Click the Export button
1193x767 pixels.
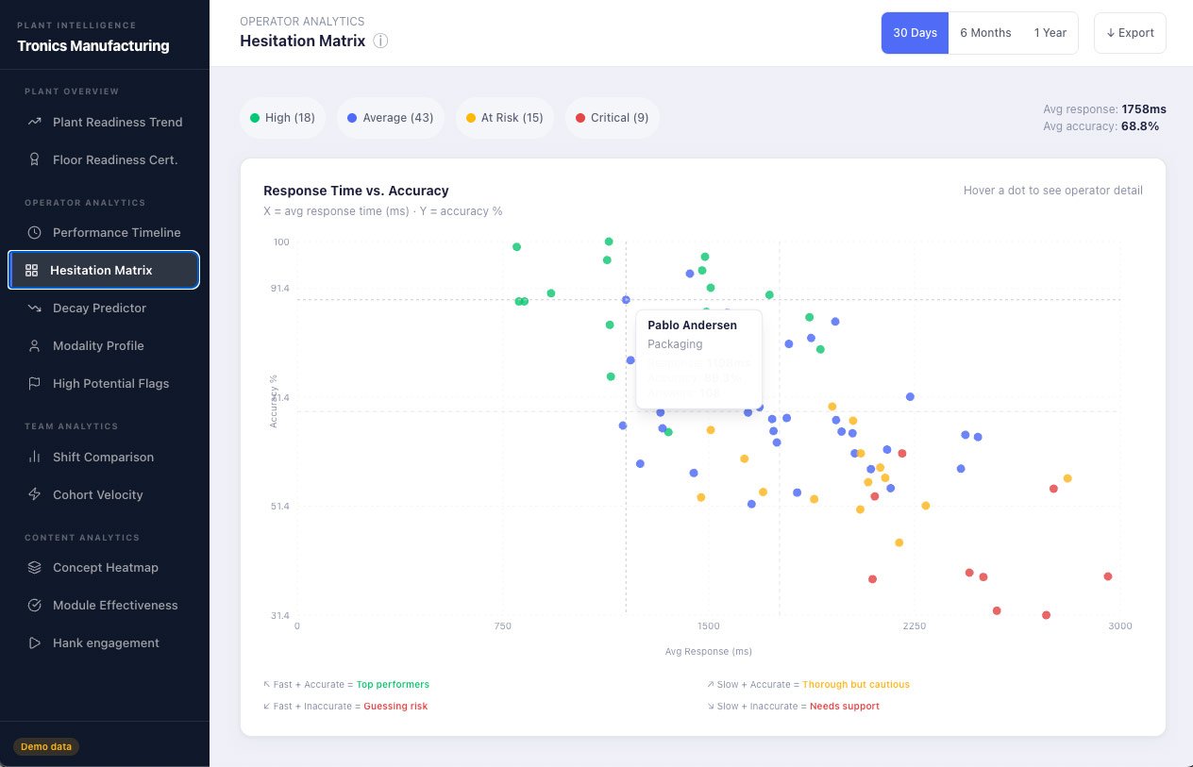1130,33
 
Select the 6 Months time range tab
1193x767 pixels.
985,33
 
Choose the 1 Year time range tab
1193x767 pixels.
1050,33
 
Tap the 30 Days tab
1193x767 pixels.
915,33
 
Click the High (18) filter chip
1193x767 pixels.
282,118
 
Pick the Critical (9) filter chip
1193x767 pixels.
612,118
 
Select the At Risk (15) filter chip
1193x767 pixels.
504,118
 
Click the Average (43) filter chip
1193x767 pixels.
390,118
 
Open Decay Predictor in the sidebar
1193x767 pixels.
99,308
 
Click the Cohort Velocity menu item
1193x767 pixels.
97,494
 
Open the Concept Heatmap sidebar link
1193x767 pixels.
105,568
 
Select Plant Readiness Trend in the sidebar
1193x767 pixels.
117,122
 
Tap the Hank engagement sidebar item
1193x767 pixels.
106,643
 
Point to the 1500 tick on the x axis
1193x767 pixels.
708,625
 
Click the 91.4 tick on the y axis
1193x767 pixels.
280,288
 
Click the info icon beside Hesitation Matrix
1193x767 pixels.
380,42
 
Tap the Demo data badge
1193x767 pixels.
46,746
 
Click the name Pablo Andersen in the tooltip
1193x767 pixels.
692,325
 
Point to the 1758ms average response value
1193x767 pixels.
1144,109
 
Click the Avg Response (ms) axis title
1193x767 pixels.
708,652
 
